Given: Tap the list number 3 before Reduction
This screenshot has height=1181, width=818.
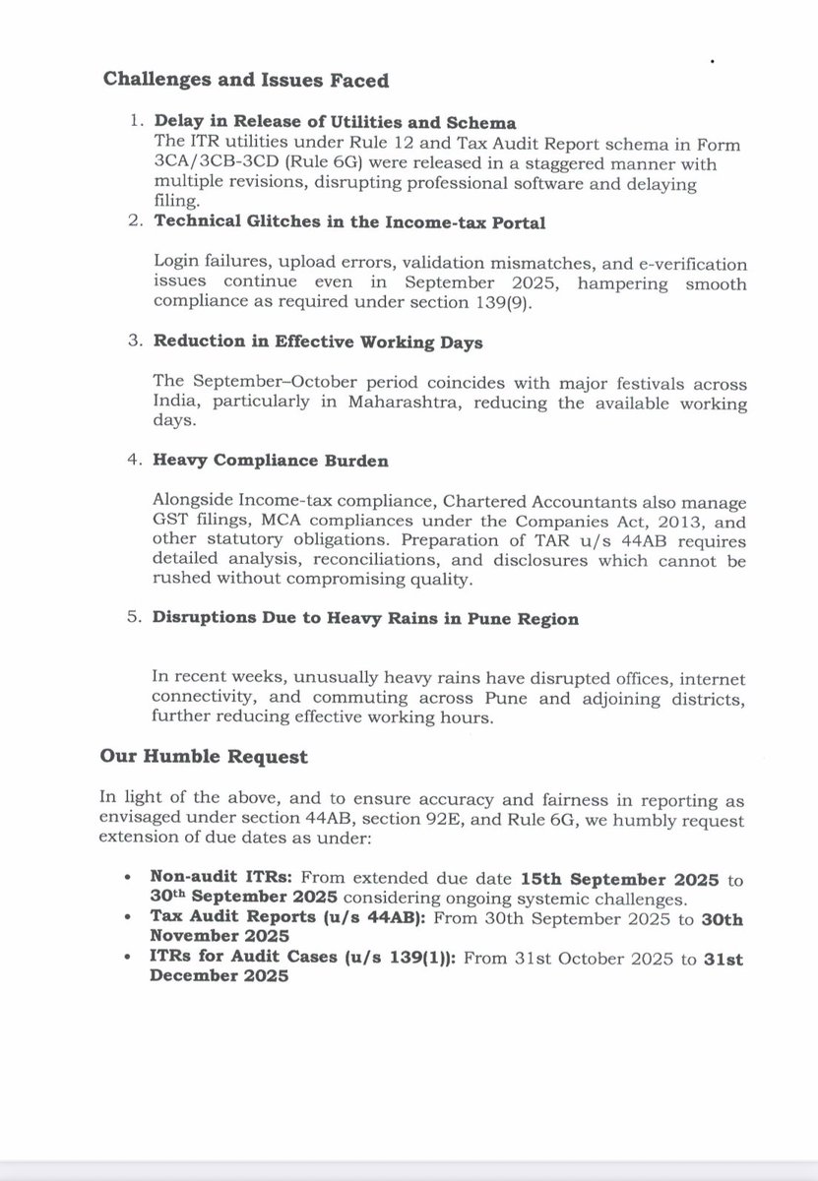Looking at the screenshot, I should click(x=136, y=341).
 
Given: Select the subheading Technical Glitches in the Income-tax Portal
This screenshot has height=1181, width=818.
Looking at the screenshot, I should click(x=348, y=223).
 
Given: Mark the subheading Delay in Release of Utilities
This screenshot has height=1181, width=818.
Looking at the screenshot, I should click(x=334, y=122).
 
